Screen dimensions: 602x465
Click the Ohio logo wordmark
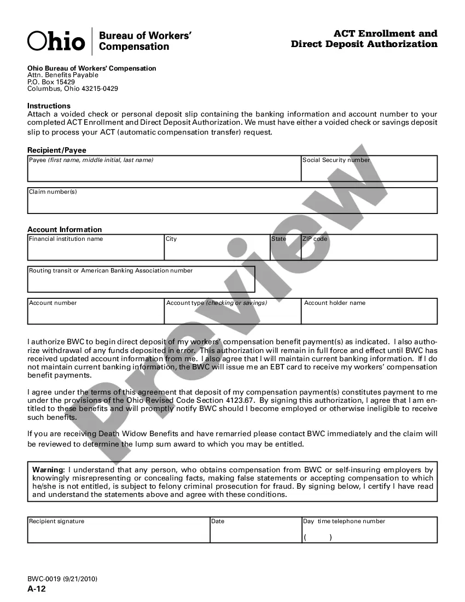56,41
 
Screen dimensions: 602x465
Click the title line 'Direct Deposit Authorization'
364,44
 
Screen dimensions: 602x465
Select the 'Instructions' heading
49,106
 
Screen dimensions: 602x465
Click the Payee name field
164,171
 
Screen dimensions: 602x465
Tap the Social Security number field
369,171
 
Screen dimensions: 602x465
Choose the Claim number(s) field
233,204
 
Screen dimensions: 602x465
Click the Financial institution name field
96,251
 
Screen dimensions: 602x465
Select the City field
217,251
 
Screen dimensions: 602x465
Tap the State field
286,251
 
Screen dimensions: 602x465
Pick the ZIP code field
369,251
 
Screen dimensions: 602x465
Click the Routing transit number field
141,282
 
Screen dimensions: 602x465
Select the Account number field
96,314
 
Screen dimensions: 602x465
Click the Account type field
233,314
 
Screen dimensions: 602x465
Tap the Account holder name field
369,314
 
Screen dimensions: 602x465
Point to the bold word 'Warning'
48,470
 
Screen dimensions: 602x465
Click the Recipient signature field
119,533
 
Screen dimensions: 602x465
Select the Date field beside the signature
255,533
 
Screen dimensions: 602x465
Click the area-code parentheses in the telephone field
318,537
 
